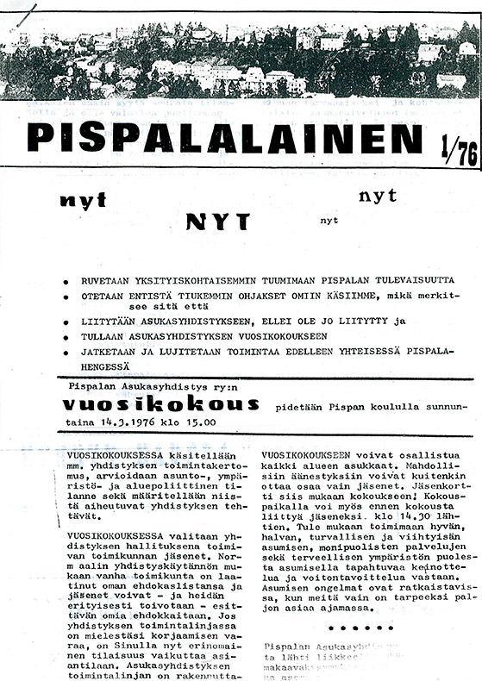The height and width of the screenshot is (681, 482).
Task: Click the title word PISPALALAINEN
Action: pos(224,138)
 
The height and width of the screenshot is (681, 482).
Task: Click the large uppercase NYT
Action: pos(217,222)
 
